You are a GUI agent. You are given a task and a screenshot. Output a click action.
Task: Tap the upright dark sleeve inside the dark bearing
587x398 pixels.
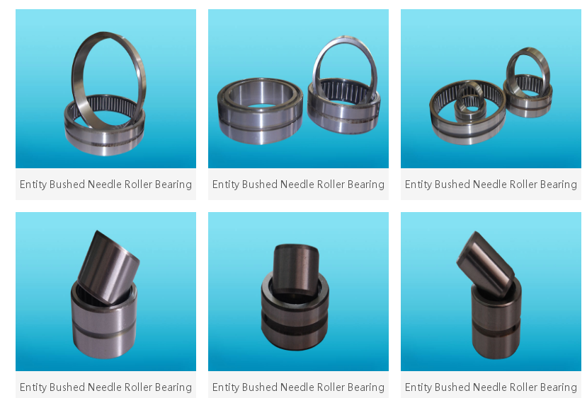tap(294, 267)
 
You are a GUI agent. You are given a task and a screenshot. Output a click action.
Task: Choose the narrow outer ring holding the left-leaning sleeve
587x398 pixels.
tap(496, 325)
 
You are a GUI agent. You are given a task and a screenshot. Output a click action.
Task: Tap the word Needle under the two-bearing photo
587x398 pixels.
tap(297, 185)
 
